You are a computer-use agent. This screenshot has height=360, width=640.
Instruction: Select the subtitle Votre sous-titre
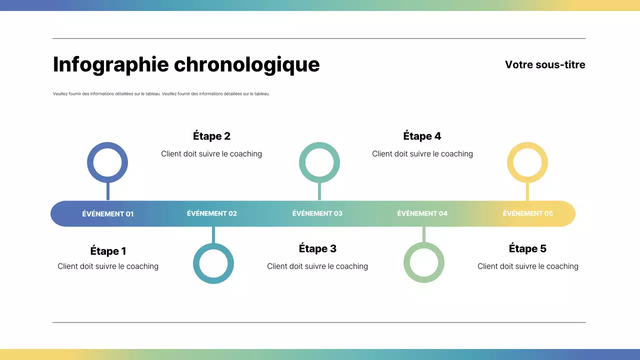tap(545, 64)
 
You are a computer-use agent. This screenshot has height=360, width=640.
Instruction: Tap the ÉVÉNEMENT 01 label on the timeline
tap(108, 214)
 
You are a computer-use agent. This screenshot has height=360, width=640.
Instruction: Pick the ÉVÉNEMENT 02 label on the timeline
tap(212, 213)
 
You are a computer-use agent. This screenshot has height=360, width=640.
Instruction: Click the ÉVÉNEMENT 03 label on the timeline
tap(317, 213)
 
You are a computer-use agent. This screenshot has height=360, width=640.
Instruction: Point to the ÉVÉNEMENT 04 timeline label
tap(422, 213)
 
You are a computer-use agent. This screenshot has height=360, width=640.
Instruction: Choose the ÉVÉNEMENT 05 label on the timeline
tap(528, 213)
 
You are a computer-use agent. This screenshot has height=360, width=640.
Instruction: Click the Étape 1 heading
tap(108, 251)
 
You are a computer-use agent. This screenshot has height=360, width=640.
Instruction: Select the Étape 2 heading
tap(211, 136)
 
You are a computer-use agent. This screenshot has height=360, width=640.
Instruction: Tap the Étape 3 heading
tap(317, 248)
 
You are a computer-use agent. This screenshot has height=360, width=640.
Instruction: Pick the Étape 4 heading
tap(422, 136)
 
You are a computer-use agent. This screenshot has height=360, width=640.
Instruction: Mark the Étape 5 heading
tap(527, 248)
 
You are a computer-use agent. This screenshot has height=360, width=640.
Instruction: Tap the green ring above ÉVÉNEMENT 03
tap(319, 146)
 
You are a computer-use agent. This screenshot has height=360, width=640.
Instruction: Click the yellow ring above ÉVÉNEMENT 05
tap(527, 146)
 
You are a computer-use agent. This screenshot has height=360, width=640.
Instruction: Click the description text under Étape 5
tap(528, 266)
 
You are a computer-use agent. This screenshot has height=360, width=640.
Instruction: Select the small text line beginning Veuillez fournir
tap(161, 93)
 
